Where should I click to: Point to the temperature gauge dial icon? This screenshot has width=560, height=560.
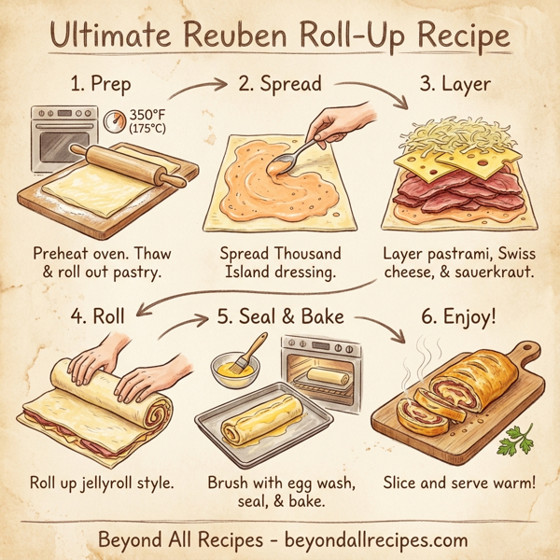tap(114, 121)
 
